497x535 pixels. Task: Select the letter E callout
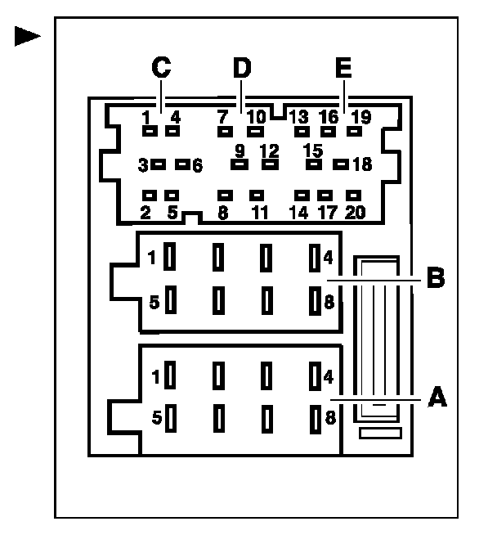tap(343, 69)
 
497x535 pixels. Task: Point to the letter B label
tap(436, 279)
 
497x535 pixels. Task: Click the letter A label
tap(438, 398)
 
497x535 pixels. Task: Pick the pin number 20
tap(355, 214)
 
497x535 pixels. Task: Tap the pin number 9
tap(240, 151)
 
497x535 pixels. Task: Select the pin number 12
tap(269, 151)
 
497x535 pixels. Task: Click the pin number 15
tap(312, 151)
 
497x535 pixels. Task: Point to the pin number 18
tap(362, 164)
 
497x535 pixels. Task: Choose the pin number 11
tap(260, 214)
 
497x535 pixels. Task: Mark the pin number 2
tap(146, 214)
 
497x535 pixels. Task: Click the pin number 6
tap(196, 165)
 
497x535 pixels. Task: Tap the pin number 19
tap(360, 117)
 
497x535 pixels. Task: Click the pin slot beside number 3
tap(159, 164)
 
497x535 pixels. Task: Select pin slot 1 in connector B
tap(170, 258)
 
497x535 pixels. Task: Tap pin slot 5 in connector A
tap(170, 418)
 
